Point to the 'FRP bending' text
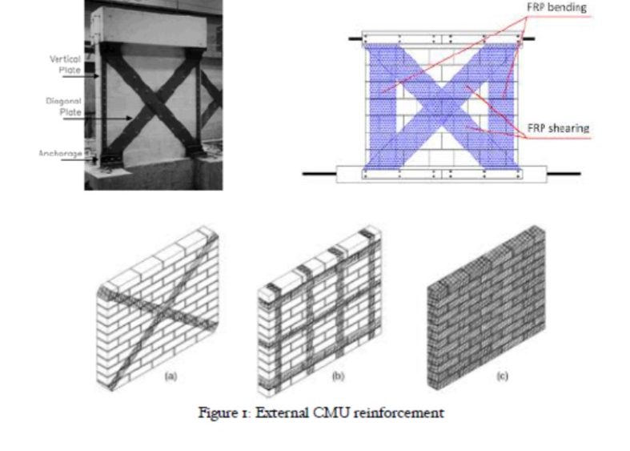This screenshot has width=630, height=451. click(x=556, y=7)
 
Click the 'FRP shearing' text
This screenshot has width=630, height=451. click(x=557, y=128)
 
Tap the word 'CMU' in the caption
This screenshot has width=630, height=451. click(x=330, y=413)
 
